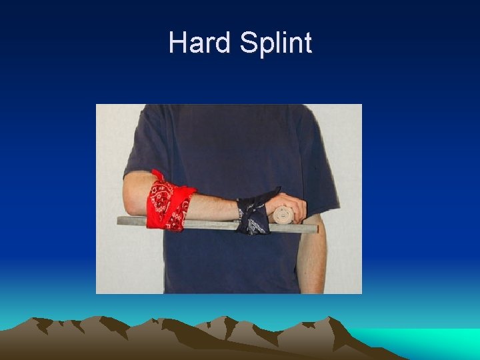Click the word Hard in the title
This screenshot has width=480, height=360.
199,43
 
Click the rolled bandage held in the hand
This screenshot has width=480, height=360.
282,215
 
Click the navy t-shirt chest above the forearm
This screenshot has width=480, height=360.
220,153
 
